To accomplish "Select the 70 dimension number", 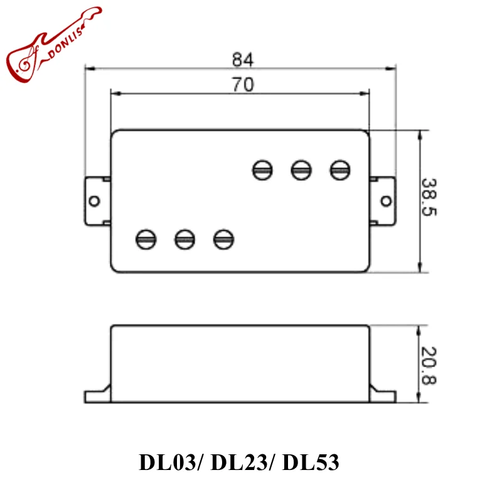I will [242, 85].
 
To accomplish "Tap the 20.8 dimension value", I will [430, 365].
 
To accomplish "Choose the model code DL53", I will [311, 462].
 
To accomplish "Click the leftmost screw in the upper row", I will [263, 169].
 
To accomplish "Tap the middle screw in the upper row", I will [302, 169].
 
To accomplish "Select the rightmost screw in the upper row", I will [340, 169].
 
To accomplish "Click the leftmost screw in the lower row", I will [146, 238].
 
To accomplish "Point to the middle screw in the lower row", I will [184, 238].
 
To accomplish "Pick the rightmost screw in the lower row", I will [223, 238].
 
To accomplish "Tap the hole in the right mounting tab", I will [385, 201].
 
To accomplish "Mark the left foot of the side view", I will [97, 395].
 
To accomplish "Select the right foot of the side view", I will [383, 395].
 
